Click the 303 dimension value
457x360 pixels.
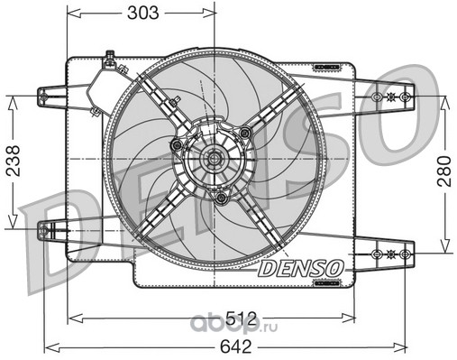(x=142, y=14)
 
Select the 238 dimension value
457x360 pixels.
(x=14, y=161)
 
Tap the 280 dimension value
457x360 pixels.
(x=444, y=171)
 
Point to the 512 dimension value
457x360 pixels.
(x=242, y=318)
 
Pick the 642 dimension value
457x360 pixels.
(x=236, y=346)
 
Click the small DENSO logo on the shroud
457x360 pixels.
(x=301, y=268)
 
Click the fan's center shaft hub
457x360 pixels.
(x=214, y=158)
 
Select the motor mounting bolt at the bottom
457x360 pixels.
(x=222, y=198)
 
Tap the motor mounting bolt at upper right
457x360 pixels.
(x=245, y=132)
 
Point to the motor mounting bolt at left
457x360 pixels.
(x=176, y=145)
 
